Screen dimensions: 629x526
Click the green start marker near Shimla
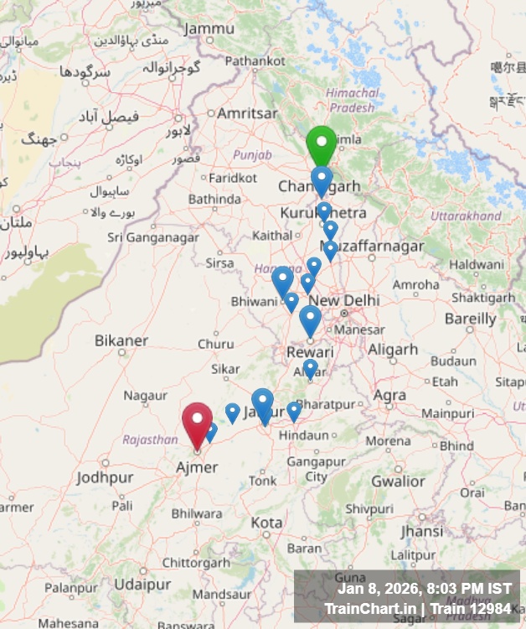(x=321, y=144)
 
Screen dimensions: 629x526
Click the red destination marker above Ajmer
(x=197, y=423)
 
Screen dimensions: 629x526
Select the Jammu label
(x=209, y=29)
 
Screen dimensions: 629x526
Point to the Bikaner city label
(x=121, y=340)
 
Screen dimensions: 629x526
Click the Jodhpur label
(x=105, y=478)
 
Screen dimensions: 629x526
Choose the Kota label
(x=266, y=522)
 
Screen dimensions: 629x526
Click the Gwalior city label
(x=398, y=481)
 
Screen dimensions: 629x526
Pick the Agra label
(x=389, y=395)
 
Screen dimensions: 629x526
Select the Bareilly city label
(x=470, y=319)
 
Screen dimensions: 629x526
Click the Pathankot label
(x=255, y=60)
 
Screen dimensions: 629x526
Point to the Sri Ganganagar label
(x=153, y=237)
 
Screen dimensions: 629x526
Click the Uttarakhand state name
(x=465, y=216)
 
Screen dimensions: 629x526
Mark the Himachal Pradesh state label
(x=352, y=100)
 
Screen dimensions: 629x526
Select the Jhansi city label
(x=421, y=532)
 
